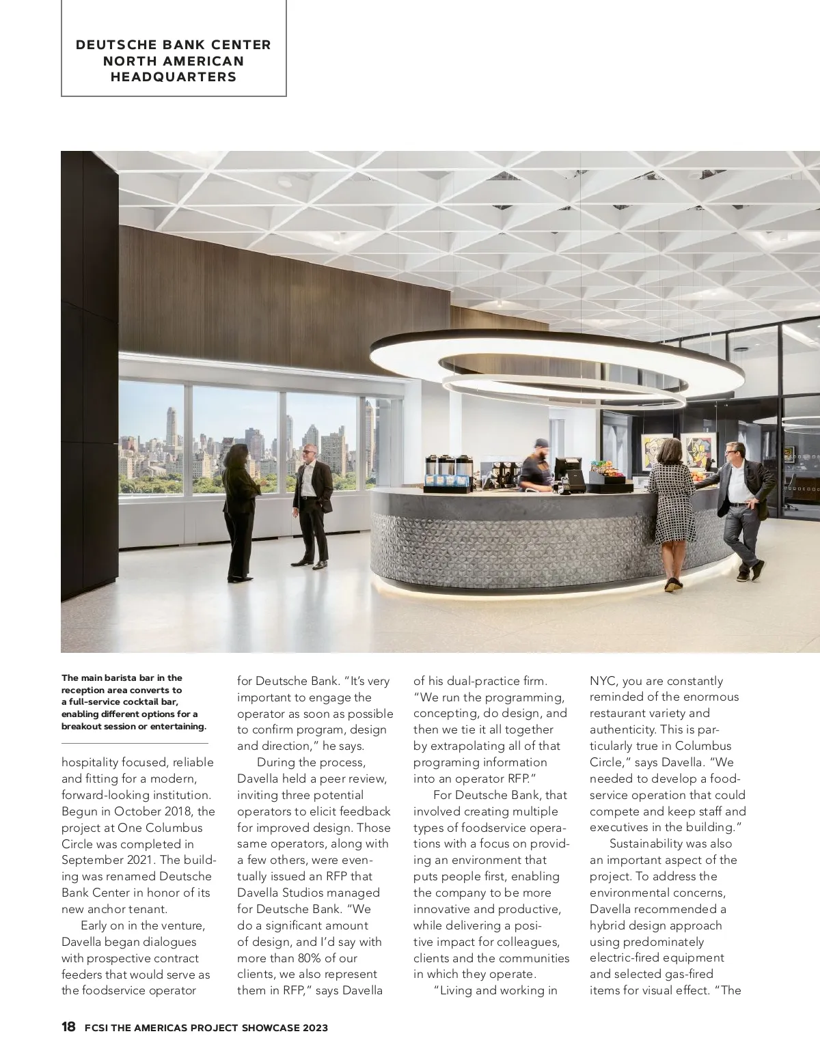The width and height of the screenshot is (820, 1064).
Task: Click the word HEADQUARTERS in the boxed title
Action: point(174,76)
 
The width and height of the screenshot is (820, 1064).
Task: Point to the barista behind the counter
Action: point(536,464)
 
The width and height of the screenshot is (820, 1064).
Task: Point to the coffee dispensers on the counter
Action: point(448,471)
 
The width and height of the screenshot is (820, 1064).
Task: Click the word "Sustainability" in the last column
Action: point(649,843)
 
